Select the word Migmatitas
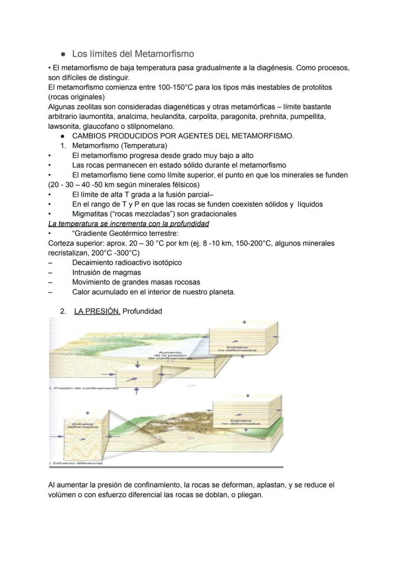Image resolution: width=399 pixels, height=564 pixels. coord(91,214)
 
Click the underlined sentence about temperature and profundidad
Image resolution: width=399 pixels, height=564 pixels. coord(129,223)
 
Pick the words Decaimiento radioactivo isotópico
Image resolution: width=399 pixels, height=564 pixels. coord(127,262)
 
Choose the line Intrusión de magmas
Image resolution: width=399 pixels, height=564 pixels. coord(106,272)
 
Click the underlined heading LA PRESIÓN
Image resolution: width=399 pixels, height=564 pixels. coord(97,311)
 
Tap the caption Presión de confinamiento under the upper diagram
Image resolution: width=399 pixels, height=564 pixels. coord(84,388)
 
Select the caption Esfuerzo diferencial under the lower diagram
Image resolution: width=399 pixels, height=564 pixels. coord(77,463)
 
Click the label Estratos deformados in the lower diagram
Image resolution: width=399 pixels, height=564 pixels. coord(77,426)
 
